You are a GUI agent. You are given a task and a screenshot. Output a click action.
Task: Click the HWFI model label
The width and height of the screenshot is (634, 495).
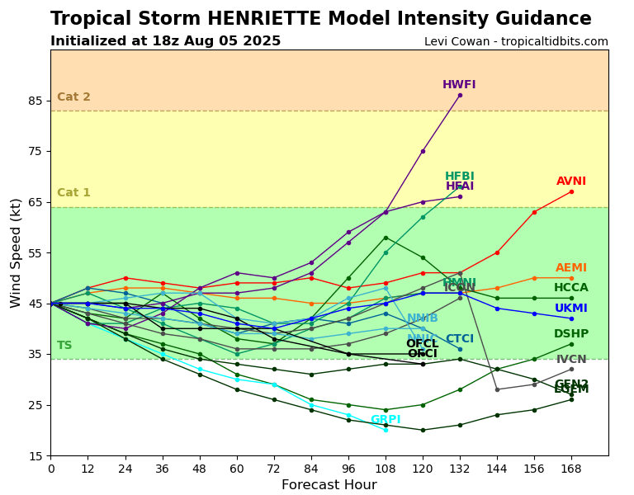pyautogui.click(x=459, y=85)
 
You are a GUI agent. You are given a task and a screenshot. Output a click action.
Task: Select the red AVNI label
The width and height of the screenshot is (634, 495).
pyautogui.click(x=571, y=181)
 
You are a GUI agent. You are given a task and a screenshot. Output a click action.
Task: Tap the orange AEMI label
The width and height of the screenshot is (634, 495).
pyautogui.click(x=571, y=268)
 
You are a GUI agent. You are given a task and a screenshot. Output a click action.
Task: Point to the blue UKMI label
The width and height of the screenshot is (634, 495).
pyautogui.click(x=571, y=309)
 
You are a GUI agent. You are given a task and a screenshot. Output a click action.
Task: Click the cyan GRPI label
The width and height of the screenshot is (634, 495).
pyautogui.click(x=386, y=420)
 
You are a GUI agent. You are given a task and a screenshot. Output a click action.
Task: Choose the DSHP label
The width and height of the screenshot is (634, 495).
pyautogui.click(x=571, y=334)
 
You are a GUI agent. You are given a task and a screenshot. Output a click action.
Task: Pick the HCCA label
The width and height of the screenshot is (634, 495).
pyautogui.click(x=571, y=288)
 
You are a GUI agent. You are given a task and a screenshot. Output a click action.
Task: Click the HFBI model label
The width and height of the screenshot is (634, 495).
pyautogui.click(x=460, y=177)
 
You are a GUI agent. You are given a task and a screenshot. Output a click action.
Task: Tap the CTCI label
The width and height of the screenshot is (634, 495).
pyautogui.click(x=460, y=339)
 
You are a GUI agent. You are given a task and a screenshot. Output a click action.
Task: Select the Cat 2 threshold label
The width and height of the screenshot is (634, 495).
pyautogui.click(x=73, y=97)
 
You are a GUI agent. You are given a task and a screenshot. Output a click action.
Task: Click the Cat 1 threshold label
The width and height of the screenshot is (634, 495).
pyautogui.click(x=73, y=193)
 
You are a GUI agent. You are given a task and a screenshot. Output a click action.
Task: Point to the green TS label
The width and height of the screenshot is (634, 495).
pyautogui.click(x=64, y=346)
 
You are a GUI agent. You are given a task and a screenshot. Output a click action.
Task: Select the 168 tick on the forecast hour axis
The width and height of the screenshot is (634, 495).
pyautogui.click(x=571, y=468)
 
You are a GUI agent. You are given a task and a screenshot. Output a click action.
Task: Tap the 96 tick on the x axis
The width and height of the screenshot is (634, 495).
pyautogui.click(x=348, y=468)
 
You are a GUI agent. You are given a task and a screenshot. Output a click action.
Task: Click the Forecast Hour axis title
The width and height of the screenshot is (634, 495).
pyautogui.click(x=329, y=485)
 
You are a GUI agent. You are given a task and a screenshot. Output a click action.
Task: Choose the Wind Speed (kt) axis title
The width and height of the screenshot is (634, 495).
pyautogui.click(x=17, y=252)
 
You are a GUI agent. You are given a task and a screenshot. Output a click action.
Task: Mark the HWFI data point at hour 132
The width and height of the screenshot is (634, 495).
pyautogui.click(x=460, y=95)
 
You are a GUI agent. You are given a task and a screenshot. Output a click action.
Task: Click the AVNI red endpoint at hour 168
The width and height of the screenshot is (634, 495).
pyautogui.click(x=571, y=191)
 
